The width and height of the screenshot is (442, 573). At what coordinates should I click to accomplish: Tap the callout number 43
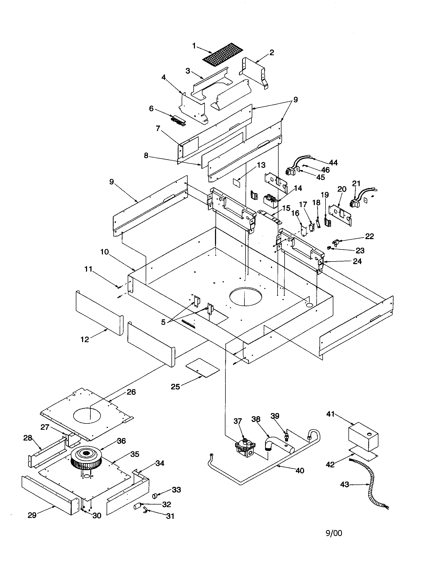point(344,484)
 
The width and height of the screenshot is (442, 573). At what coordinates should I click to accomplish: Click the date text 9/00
point(334,533)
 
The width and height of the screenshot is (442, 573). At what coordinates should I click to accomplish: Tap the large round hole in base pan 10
point(245,296)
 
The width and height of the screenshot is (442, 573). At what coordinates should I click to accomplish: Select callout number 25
point(175,387)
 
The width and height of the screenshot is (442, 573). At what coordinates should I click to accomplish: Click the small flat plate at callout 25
point(202,367)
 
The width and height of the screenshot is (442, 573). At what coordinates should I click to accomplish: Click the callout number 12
point(85,339)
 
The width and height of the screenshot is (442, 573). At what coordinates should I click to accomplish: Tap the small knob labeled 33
point(155,495)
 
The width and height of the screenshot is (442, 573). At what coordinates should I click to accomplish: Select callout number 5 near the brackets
point(163,322)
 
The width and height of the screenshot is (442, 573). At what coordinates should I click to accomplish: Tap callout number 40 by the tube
point(299,470)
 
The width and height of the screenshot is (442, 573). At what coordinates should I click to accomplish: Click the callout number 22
point(369,236)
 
